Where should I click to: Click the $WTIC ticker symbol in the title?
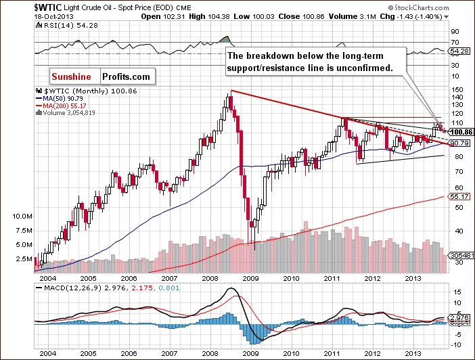tap(20, 6)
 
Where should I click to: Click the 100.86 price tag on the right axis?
tap(460, 132)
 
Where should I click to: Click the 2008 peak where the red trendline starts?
tap(231, 91)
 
